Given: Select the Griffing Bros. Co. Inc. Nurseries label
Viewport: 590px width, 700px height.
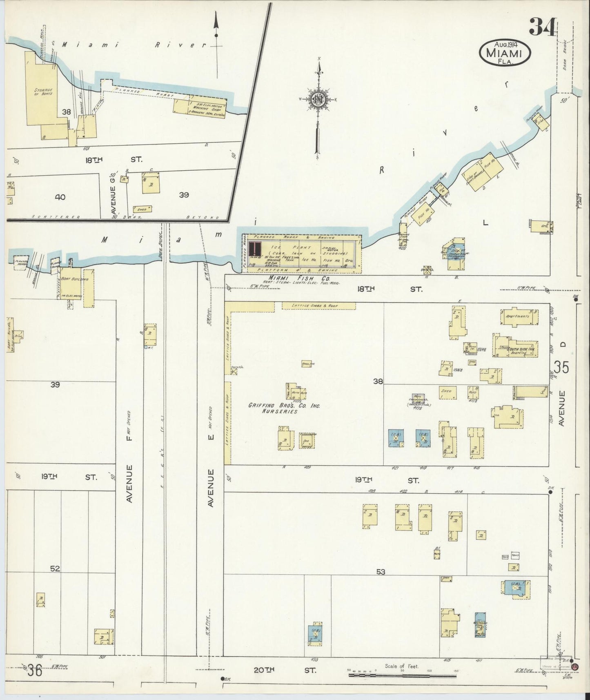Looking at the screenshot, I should point(285,408).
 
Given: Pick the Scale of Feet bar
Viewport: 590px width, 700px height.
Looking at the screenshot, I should point(404,675).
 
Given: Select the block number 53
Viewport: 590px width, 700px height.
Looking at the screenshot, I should point(381,572).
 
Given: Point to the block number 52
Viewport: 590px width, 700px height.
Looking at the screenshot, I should point(55,568).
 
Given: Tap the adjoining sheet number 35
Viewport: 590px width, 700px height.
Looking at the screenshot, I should point(561,368).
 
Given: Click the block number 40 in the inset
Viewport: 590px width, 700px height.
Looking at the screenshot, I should point(60,197).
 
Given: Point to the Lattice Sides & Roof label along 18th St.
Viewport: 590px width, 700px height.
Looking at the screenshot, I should point(318,305).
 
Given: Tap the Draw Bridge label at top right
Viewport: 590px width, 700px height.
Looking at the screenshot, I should point(565,49).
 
